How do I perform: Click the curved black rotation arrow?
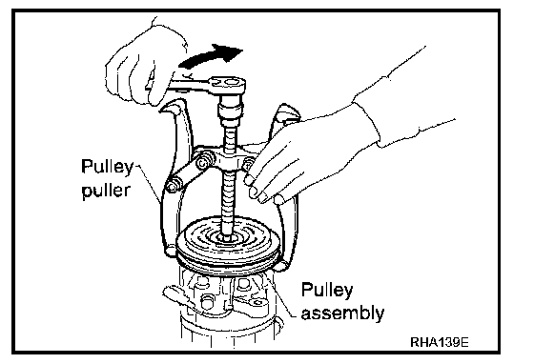click(x=210, y=56)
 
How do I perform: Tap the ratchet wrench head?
click(x=228, y=83)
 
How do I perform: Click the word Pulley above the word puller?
click(x=107, y=168)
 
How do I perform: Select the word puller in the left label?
click(x=106, y=191)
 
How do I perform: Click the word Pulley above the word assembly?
click(x=327, y=291)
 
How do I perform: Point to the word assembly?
click(x=343, y=313)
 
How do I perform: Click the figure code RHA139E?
click(x=440, y=342)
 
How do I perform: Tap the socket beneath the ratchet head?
click(x=230, y=110)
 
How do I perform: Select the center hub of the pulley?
click(x=227, y=236)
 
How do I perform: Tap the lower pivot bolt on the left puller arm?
click(x=171, y=186)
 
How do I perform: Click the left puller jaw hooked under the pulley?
click(x=171, y=250)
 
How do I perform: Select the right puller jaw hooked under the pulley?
click(x=281, y=265)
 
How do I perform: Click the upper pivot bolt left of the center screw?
click(x=204, y=161)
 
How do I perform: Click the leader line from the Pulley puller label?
click(x=149, y=185)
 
